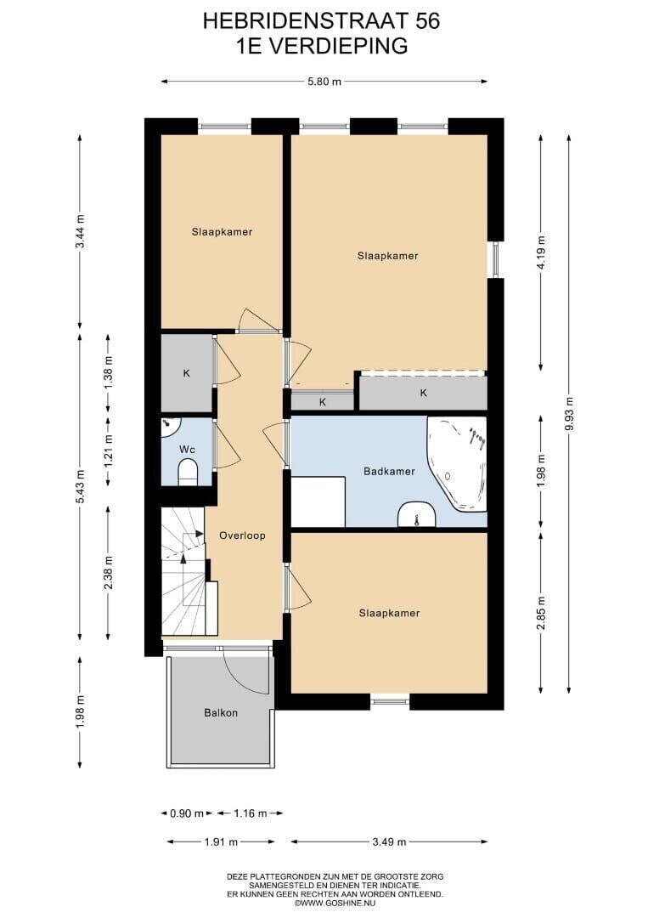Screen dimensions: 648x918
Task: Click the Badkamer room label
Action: point(389,471)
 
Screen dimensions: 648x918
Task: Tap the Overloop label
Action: point(242,535)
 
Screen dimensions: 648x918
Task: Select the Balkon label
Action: point(221,712)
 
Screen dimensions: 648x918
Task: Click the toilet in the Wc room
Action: point(188,471)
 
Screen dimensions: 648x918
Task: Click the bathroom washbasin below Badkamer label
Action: point(416,514)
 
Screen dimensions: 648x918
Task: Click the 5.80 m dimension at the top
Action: point(324,82)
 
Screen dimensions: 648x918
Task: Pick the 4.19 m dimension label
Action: point(542,252)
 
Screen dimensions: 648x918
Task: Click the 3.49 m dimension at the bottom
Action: point(390,841)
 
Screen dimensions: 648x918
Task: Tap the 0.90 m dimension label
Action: point(187,813)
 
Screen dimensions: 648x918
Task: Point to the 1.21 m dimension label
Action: point(108,450)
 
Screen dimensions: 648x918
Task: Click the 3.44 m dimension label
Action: point(80,232)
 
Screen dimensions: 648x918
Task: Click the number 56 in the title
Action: point(427,21)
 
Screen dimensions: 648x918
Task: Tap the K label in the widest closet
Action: point(424,393)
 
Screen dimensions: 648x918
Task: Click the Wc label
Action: point(187,450)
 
